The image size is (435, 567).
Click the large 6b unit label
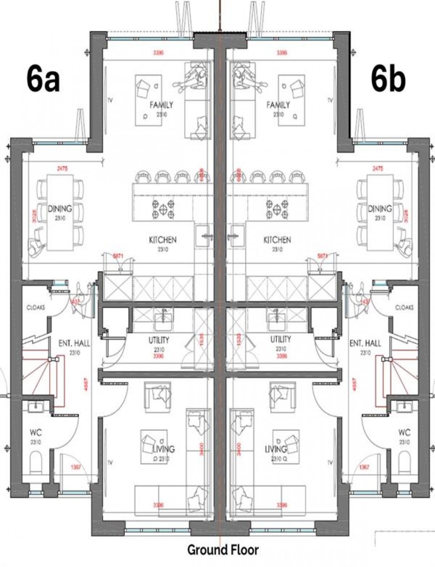388,80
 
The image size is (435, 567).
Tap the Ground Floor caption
223,550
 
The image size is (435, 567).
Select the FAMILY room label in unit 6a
161,105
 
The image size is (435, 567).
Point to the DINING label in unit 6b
380,209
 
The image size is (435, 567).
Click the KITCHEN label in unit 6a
162,240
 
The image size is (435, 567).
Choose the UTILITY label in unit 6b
281,340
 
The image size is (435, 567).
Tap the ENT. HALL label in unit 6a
74,343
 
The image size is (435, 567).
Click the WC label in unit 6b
404,432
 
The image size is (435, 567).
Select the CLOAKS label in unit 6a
36,307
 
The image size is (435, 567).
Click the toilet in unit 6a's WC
36,464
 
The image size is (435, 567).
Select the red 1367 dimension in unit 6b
364,467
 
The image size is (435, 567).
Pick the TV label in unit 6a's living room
110,463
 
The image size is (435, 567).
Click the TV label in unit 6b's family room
329,100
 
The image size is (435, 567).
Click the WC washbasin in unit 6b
404,405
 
